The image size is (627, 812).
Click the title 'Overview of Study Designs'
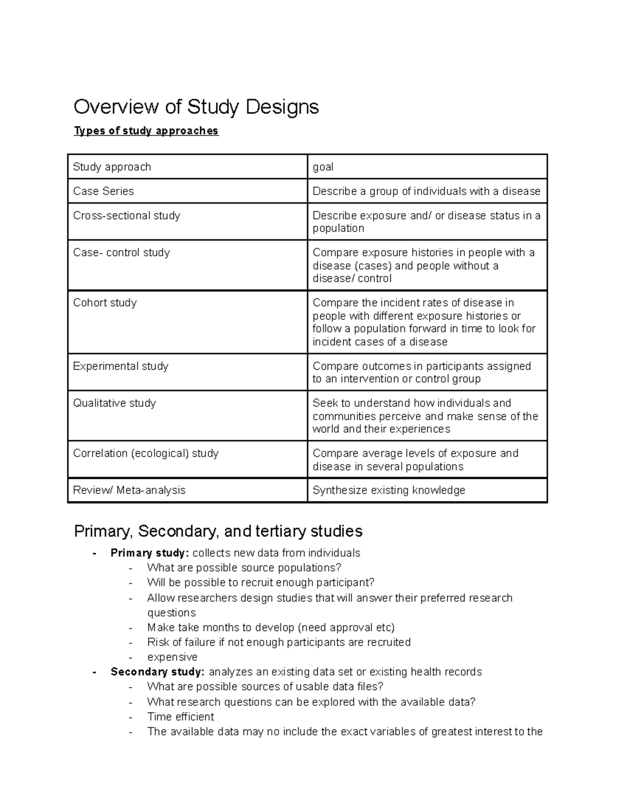point(196,107)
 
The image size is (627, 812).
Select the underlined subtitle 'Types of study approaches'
point(146,131)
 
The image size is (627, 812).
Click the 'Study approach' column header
point(112,167)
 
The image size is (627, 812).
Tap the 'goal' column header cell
point(323,167)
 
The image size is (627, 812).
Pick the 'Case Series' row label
point(103,191)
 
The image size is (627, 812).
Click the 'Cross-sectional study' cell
point(126,215)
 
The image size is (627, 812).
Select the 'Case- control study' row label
point(121,253)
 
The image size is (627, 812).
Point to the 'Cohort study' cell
point(104,303)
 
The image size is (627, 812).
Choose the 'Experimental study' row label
point(121,366)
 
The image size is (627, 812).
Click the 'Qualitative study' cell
point(114,403)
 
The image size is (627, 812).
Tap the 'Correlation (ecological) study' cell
point(146,453)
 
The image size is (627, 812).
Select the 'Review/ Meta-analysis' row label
point(129,490)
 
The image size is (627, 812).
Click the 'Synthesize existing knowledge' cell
point(389,490)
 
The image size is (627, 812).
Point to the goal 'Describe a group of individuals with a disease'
point(426,191)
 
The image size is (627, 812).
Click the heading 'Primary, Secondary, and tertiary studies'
point(218,531)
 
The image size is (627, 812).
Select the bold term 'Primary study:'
point(149,553)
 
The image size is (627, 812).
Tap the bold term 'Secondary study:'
point(157,672)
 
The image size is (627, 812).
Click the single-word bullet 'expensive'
point(172,657)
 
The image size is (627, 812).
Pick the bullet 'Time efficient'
point(181,717)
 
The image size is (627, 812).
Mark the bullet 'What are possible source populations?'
point(244,568)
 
